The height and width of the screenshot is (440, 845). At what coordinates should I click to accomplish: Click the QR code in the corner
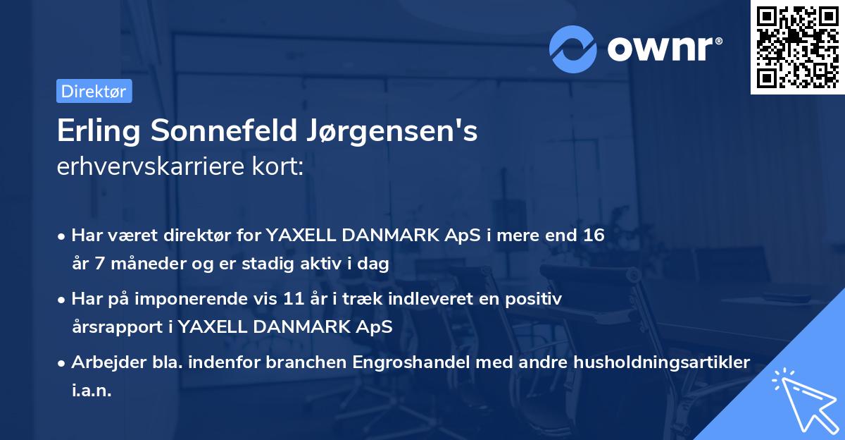797,47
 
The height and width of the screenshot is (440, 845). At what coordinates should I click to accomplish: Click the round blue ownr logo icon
573,48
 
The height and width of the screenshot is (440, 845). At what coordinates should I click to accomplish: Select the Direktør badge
94,91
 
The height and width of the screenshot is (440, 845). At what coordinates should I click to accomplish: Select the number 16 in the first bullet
589,235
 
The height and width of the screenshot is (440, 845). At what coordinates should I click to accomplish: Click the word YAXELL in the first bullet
301,235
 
